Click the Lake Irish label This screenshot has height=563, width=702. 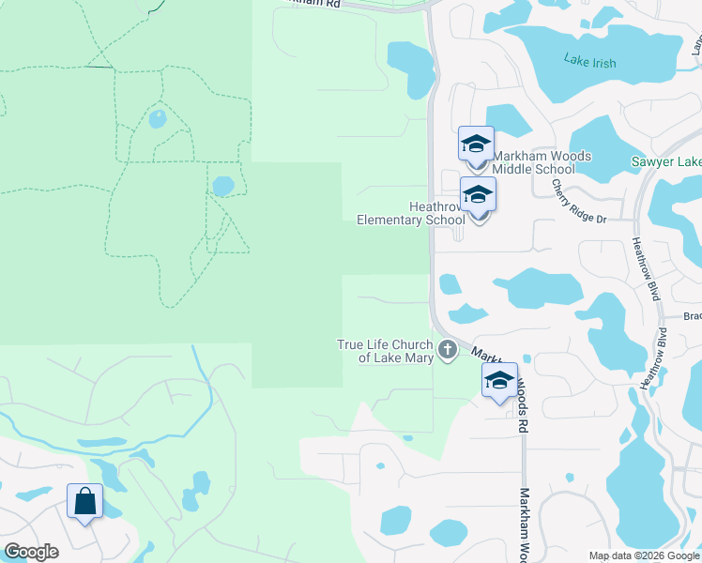pyautogui.click(x=590, y=62)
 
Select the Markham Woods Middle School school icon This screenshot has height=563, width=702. pyautogui.click(x=476, y=145)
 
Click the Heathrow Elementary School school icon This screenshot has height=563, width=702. pyautogui.click(x=479, y=196)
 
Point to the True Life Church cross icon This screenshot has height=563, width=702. pyautogui.click(x=448, y=351)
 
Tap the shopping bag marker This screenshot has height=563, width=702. pyautogui.click(x=84, y=502)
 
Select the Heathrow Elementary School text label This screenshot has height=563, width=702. pyautogui.click(x=410, y=213)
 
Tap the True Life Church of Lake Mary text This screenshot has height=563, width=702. pyautogui.click(x=386, y=351)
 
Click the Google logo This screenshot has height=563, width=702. pyautogui.click(x=31, y=552)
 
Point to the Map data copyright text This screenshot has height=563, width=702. pyautogui.click(x=644, y=555)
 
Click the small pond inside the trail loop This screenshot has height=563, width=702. pyautogui.click(x=157, y=119)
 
